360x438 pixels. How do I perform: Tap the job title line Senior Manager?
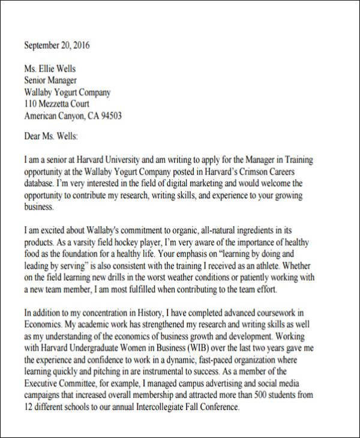51,80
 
